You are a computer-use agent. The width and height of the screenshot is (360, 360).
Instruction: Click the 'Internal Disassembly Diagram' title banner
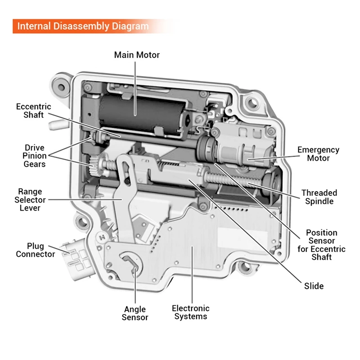[83, 26]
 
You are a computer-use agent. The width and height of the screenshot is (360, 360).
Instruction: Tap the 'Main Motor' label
[137, 55]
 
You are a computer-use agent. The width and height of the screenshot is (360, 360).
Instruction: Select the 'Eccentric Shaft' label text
[33, 111]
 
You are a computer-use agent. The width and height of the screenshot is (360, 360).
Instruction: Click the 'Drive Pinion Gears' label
[35, 155]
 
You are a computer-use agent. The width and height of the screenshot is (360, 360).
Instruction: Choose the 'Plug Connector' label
[36, 250]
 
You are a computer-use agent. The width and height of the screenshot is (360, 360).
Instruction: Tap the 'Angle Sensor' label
[135, 313]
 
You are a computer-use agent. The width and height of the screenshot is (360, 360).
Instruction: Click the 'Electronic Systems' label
[191, 312]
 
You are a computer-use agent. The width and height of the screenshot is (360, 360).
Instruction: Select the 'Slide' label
[314, 286]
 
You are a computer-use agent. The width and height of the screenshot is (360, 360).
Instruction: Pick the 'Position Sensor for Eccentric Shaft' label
[321, 245]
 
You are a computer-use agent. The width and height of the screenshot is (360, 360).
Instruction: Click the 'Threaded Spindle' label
[319, 197]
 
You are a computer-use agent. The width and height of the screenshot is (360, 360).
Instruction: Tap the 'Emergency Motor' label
[319, 154]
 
